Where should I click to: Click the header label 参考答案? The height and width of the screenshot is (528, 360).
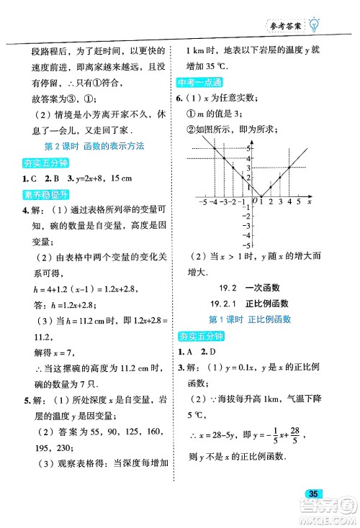pos(283,25)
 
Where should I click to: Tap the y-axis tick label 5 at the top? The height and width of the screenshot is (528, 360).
pos(249,147)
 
